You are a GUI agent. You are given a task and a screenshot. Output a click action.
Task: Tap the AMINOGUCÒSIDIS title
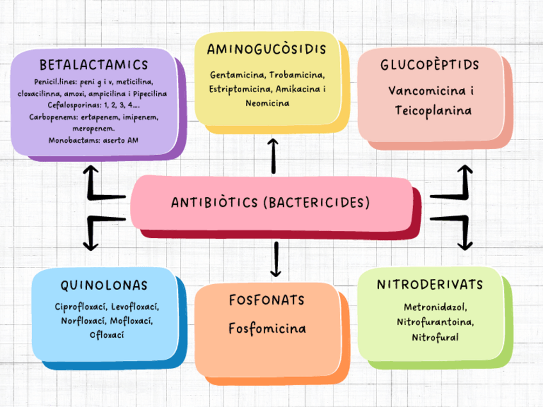pyautogui.click(x=267, y=50)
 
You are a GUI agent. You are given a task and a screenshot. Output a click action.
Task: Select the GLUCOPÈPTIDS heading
pyautogui.click(x=430, y=66)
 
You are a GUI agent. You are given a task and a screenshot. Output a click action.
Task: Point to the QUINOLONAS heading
pyautogui.click(x=104, y=285)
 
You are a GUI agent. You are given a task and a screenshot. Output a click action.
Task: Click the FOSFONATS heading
pyautogui.click(x=266, y=300)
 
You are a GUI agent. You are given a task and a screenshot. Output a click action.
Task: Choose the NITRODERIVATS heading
pyautogui.click(x=430, y=284)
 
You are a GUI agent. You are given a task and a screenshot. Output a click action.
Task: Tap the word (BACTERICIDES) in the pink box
pyautogui.click(x=316, y=203)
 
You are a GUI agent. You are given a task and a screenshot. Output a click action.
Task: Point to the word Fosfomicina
pyautogui.click(x=267, y=328)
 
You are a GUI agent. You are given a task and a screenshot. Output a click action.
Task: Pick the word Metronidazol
pyautogui.click(x=435, y=307)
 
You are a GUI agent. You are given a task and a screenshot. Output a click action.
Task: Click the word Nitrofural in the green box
pyautogui.click(x=435, y=337)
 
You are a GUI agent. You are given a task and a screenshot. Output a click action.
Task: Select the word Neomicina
pyautogui.click(x=267, y=103)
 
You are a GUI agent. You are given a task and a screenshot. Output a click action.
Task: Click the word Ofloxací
pyautogui.click(x=107, y=334)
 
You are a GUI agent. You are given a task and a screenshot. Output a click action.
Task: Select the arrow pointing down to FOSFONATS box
pyautogui.click(x=277, y=259)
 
